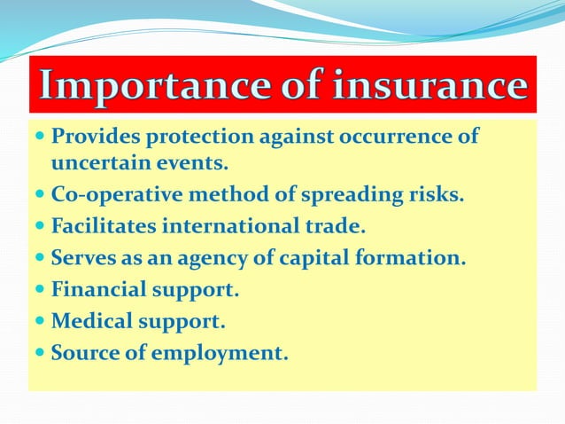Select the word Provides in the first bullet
click(91, 137)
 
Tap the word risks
click(437, 195)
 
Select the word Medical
click(91, 321)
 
